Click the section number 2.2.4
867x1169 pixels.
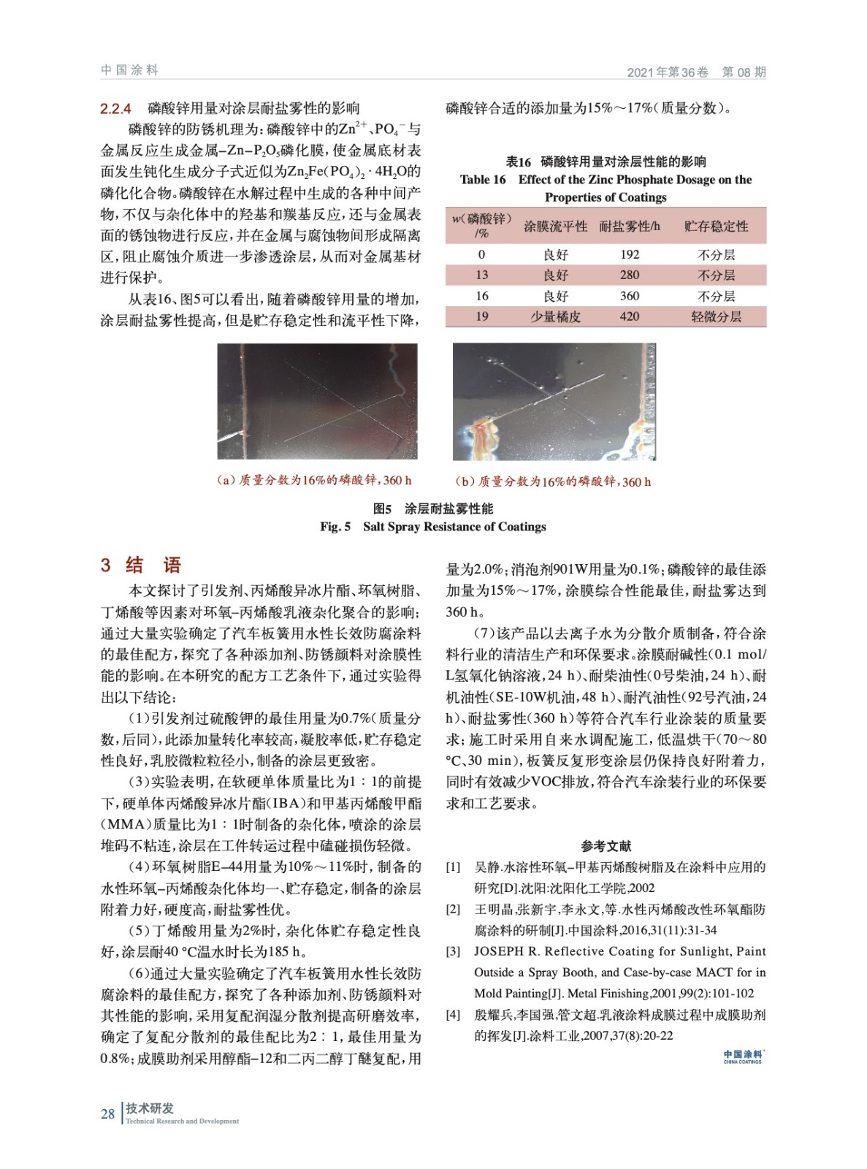[x=115, y=109]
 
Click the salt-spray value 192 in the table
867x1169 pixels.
[x=629, y=254]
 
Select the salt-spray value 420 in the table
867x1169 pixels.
[x=629, y=316]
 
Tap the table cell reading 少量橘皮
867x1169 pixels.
[x=555, y=316]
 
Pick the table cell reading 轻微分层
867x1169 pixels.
[x=716, y=316]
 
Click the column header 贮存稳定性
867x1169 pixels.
[x=716, y=226]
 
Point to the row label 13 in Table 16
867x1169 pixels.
[x=481, y=275]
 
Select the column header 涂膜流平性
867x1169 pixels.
[x=555, y=226]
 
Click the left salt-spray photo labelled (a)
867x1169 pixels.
[x=317, y=401]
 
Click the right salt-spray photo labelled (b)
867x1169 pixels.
[x=554, y=401]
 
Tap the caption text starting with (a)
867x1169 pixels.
[x=314, y=480]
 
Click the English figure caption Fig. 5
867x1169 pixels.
[x=432, y=526]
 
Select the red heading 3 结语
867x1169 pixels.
[x=140, y=565]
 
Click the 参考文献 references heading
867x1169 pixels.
[x=606, y=846]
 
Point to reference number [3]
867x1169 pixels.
[x=453, y=951]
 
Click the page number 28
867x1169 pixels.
[x=107, y=1113]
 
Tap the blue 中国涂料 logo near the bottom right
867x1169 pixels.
[x=742, y=1056]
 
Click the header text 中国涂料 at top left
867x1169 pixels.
[x=129, y=70]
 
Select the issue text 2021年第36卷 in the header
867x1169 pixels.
[x=667, y=72]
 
